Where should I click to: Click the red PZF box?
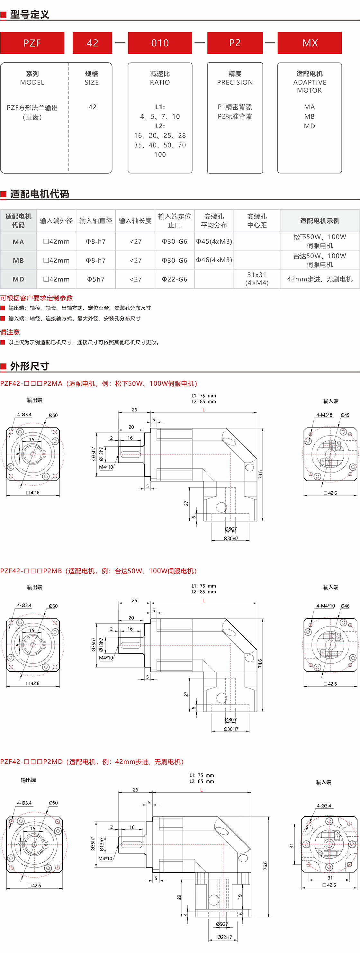click(32, 43)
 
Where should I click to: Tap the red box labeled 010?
click(160, 43)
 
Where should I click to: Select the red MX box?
click(310, 43)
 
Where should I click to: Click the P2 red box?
click(235, 43)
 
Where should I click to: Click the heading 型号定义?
click(30, 14)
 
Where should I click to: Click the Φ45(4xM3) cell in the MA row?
click(214, 241)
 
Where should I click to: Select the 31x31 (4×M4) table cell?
click(257, 279)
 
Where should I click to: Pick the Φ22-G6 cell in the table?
click(174, 279)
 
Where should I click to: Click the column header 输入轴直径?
click(95, 220)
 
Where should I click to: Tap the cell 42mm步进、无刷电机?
click(320, 279)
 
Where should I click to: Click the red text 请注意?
click(10, 332)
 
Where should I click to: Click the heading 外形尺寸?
click(30, 366)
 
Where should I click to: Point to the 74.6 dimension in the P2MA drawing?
click(260, 474)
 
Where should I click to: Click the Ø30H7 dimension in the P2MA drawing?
click(231, 538)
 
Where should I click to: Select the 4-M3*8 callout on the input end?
click(324, 415)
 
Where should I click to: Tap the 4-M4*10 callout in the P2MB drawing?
click(325, 606)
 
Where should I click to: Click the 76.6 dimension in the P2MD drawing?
click(265, 865)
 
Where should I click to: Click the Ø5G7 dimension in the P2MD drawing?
click(222, 924)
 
